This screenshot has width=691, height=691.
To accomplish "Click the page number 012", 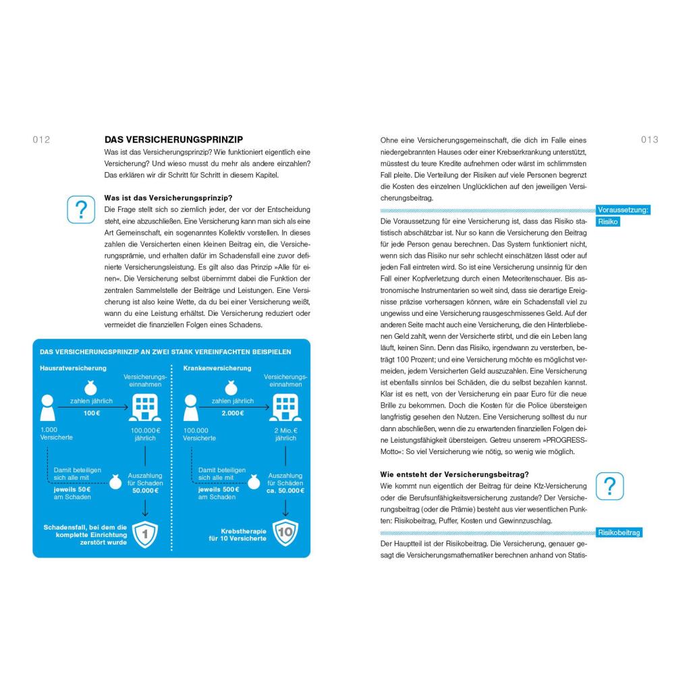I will pos(41,140).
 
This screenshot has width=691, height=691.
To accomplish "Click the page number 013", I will pos(649,140).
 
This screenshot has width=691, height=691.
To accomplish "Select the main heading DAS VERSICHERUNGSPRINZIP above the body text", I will pos(173,140).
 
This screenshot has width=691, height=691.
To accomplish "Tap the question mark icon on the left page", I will pos(81,209).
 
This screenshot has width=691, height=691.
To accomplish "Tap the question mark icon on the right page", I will pos(609,486).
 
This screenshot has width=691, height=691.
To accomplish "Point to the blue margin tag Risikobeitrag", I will pos(619,532).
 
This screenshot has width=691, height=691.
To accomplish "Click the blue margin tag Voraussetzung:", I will pos(623,210).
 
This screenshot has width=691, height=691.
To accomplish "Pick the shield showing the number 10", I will pos(285,532).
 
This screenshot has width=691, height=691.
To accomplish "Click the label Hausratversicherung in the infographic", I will pos(73,368).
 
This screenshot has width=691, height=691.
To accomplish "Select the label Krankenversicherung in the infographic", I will pos(217,368).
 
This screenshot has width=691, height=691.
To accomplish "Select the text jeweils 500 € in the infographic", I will pos(217,489).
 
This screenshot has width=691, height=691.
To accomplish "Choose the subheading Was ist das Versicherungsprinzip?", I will pos(168,198).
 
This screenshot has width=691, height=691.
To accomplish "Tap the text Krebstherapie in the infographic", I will pos(244,530).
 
